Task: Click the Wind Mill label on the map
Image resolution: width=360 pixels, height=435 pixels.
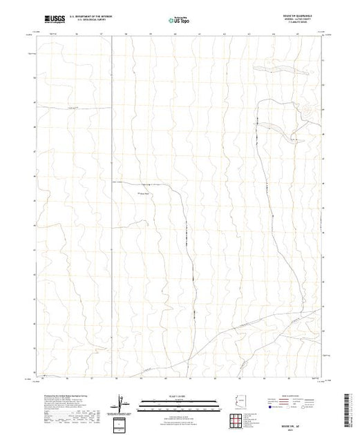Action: [x=146, y=193]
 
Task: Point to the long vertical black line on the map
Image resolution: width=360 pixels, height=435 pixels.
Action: [x=112, y=207]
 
